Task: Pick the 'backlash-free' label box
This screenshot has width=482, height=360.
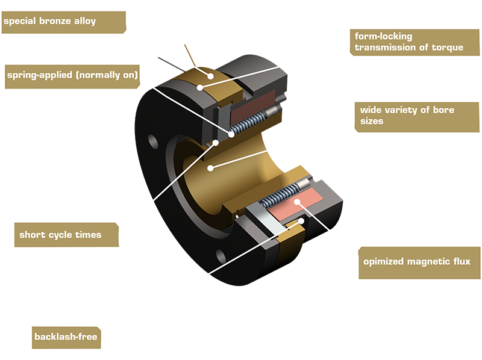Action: pos(65,337)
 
